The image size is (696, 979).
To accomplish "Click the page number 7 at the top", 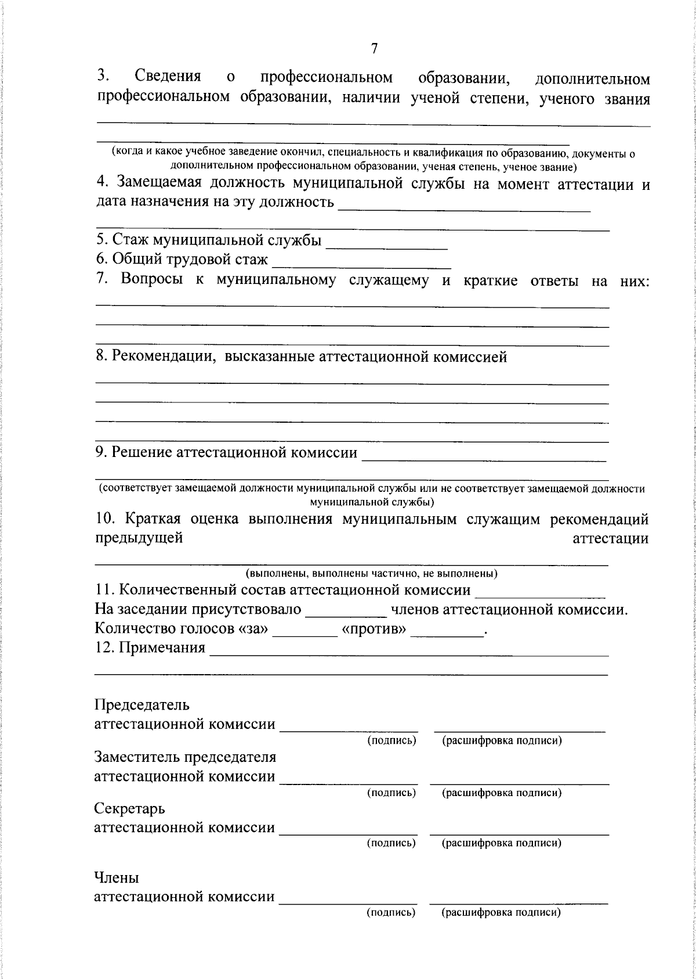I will point(374,49).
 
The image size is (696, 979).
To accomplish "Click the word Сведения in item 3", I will point(168,76).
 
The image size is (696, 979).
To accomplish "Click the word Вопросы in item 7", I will point(151,280).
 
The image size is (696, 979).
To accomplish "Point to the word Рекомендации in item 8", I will point(161,357).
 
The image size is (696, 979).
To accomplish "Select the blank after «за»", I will point(305,631).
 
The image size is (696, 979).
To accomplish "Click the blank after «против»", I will point(447,631).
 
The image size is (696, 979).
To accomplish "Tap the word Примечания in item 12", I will point(162,647).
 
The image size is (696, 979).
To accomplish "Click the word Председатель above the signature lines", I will point(142,705).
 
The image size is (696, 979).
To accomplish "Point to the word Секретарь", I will point(129,808).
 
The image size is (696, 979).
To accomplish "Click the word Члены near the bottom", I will point(117,877).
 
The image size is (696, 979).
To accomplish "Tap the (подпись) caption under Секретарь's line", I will point(391,843).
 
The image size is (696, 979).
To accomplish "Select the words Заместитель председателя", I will point(185,757).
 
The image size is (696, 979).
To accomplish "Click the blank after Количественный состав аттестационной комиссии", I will point(540,592).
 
